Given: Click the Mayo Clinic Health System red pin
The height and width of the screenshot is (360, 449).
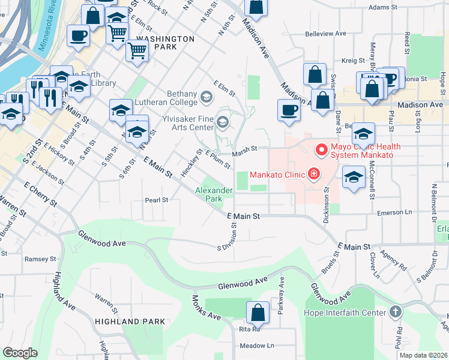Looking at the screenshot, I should click(321, 149).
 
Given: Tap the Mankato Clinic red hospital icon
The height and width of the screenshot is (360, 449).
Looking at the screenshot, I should click(312, 175).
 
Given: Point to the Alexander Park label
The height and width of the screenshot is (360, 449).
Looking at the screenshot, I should click(214, 194).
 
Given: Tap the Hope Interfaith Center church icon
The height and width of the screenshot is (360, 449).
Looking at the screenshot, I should click(395, 312).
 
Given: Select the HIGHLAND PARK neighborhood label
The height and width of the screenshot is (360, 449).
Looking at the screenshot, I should click(130, 322).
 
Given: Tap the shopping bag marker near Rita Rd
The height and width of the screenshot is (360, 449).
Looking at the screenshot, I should click(258, 313).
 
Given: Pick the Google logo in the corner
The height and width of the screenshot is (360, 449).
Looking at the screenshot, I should click(20, 353).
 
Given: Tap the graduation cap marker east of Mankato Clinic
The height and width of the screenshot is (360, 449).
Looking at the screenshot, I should click(354, 177).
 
